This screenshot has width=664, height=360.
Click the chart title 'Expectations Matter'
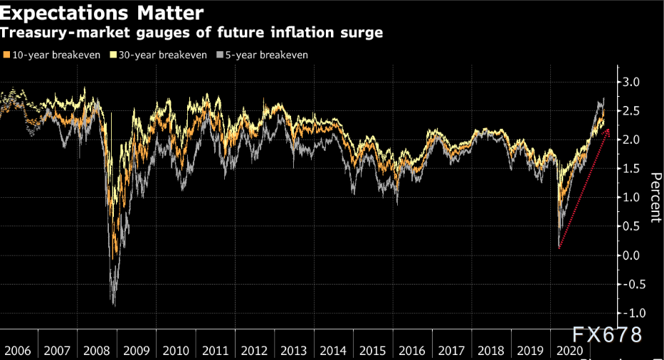[x=103, y=12]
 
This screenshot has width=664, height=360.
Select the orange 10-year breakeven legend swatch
[x=6, y=55]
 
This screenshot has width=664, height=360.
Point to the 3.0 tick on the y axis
[x=631, y=83]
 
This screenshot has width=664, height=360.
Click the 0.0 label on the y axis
[x=631, y=255]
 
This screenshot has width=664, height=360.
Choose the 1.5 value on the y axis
[x=631, y=169]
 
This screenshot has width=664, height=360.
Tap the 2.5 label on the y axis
[x=631, y=111]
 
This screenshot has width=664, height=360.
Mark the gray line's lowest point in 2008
[x=114, y=305]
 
